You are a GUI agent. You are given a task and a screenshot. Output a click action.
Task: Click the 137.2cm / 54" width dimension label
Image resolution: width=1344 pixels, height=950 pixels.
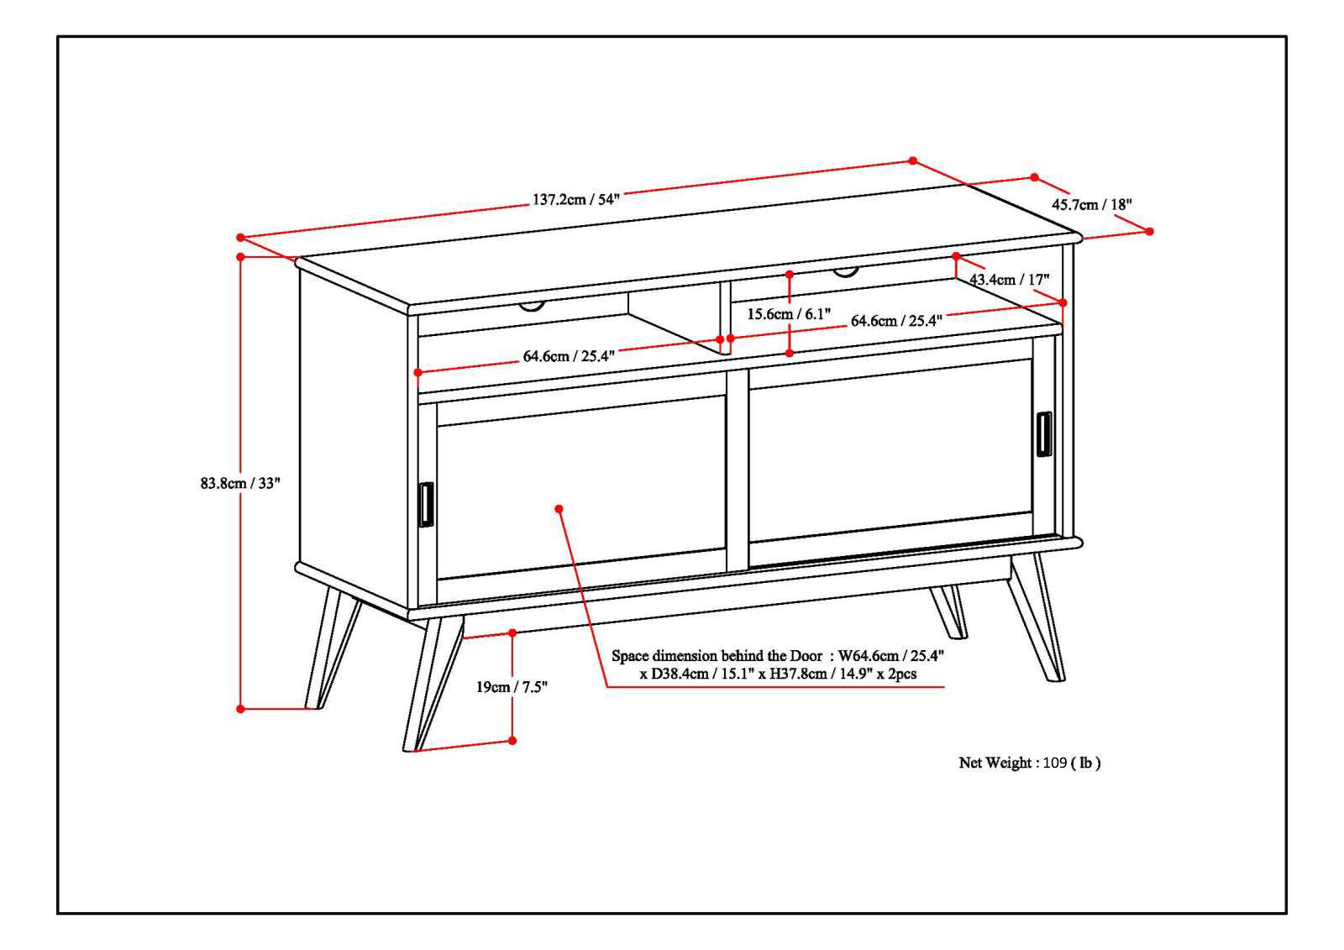(x=575, y=200)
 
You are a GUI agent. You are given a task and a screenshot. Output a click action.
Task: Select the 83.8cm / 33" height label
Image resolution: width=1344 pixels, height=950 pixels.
(x=239, y=483)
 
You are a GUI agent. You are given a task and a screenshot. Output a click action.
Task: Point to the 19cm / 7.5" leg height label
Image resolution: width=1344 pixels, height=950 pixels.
(x=512, y=687)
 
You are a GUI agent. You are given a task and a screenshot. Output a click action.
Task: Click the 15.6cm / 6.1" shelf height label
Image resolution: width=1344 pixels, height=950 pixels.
(x=789, y=314)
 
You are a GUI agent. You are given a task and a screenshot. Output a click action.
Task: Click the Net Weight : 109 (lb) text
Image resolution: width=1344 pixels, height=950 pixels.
(x=1029, y=763)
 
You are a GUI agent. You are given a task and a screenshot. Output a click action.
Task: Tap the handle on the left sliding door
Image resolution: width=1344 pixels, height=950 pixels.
(x=425, y=506)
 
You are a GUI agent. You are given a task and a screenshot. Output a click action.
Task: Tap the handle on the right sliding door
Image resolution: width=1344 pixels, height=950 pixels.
(x=1043, y=434)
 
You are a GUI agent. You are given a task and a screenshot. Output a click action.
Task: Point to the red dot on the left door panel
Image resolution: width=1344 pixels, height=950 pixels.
(x=559, y=509)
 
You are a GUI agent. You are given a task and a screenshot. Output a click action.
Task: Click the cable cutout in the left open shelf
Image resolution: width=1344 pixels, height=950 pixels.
(x=531, y=306)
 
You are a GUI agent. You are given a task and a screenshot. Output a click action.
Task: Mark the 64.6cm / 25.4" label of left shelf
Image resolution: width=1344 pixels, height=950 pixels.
(x=569, y=356)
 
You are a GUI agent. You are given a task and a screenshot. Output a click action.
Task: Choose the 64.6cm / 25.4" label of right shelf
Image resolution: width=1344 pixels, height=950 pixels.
(x=896, y=321)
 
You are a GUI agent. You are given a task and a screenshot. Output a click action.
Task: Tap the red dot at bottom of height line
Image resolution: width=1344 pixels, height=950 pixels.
(x=240, y=709)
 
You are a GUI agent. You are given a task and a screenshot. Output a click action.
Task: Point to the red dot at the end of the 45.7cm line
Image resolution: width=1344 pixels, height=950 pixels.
(x=1149, y=231)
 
